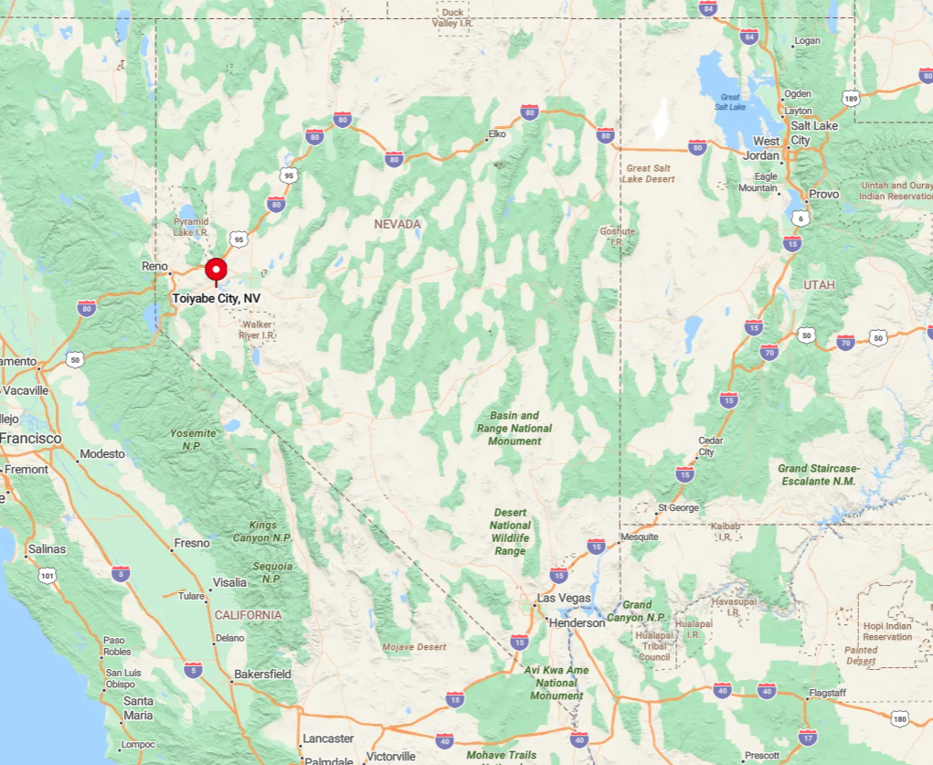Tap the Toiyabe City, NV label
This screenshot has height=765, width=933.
217,299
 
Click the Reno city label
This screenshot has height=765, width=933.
154,266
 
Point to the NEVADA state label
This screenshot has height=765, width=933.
398,224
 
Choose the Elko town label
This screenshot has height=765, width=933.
497,134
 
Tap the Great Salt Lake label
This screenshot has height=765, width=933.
730,101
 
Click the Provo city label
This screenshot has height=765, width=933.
823,195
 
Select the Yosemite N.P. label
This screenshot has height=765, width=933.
194,439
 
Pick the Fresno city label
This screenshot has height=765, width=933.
192,543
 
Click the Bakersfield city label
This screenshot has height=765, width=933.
262,675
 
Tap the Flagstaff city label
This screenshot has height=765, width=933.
827,694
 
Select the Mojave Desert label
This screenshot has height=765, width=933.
415,647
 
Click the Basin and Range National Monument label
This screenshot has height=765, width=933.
514,428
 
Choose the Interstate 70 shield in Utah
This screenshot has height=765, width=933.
769,352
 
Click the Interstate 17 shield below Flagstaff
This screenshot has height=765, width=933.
808,737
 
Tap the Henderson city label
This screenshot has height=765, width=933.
577,622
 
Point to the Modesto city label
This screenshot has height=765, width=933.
102,454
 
